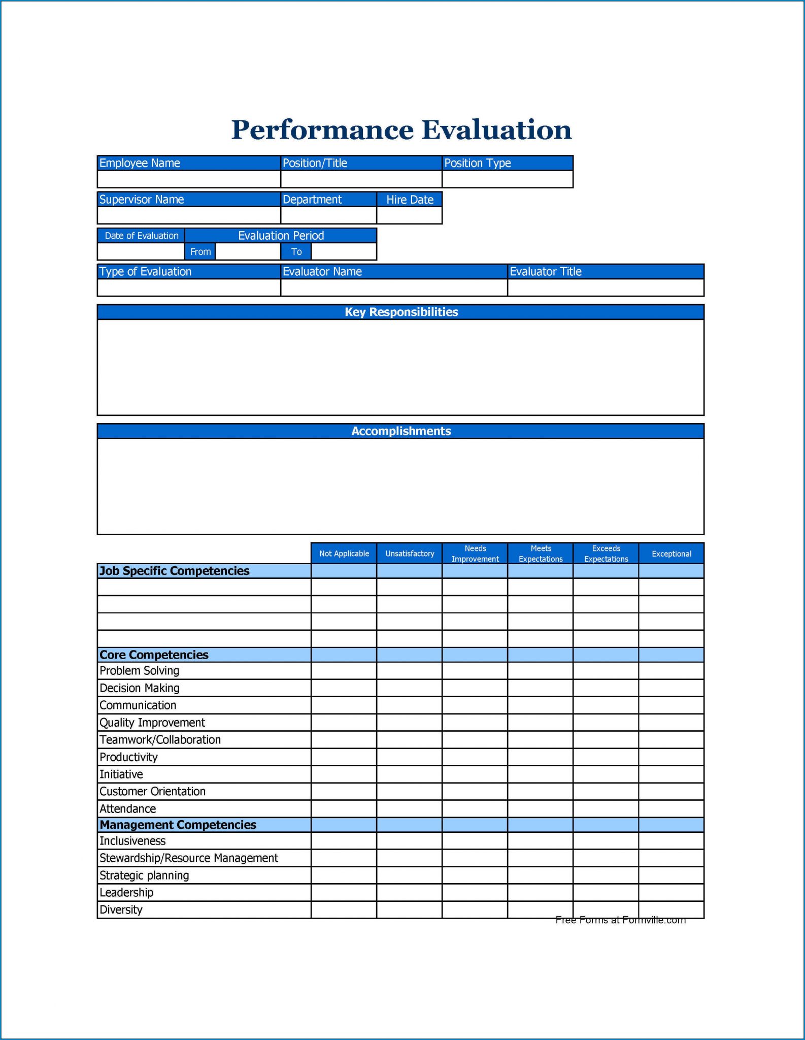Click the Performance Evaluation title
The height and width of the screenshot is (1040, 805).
pos(401,130)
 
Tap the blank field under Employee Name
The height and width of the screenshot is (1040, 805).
pos(188,179)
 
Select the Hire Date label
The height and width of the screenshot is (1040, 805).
pos(410,200)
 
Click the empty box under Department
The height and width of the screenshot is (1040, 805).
pos(328,215)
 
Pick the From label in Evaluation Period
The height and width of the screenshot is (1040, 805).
pos(200,252)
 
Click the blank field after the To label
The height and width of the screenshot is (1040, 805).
pos(344,252)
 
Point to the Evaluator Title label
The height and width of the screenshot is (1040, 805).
pos(546,272)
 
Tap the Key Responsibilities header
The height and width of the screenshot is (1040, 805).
pos(401,312)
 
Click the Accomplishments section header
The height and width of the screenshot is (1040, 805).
pos(401,431)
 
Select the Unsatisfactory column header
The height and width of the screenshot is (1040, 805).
pos(410,554)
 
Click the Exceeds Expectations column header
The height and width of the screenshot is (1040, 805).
pos(606,554)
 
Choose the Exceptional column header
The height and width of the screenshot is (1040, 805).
pos(672,554)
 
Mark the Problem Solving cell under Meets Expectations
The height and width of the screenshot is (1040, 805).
pos(541,671)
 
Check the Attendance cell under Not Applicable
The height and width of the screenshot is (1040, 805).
pos(344,809)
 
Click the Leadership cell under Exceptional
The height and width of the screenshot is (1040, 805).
pos(672,893)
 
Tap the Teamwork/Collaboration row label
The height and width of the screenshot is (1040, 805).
pos(160,740)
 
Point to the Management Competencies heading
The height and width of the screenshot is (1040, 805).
pos(178,825)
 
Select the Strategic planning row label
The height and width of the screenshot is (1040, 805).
pos(145,875)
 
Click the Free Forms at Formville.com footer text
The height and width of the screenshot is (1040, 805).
pos(620,920)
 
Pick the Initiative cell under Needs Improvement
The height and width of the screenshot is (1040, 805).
pos(475,774)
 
